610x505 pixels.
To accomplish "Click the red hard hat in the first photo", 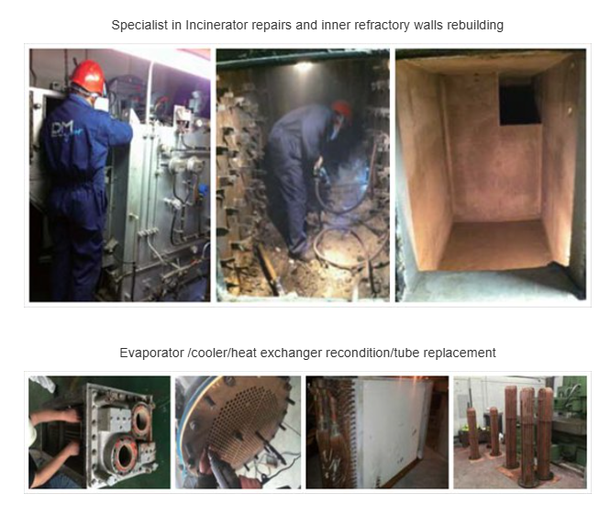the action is pos(88,76).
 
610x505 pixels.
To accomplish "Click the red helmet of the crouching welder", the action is pos(342,108).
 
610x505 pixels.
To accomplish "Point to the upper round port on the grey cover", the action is pos(141,421).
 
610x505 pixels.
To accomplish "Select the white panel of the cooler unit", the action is pos(393,432).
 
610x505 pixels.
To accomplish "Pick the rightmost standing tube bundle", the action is pos(545,433).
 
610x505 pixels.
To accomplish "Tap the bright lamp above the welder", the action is pos(305,66).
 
